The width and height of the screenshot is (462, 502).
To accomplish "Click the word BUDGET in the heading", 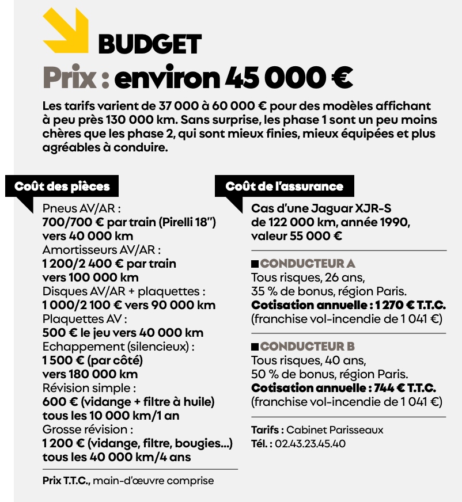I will coord(150,44).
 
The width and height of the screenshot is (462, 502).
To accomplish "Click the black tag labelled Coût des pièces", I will coord(62,187).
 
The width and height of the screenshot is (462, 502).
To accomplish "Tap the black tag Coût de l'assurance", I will coord(284,187).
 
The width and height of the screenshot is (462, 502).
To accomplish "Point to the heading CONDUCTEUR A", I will coord(308,264).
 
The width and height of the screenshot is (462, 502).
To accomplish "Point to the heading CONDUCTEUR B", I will coord(308,347).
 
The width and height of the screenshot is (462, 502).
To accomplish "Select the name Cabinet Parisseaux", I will coord(335,430).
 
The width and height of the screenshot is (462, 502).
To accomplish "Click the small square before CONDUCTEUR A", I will coord(255,264).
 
